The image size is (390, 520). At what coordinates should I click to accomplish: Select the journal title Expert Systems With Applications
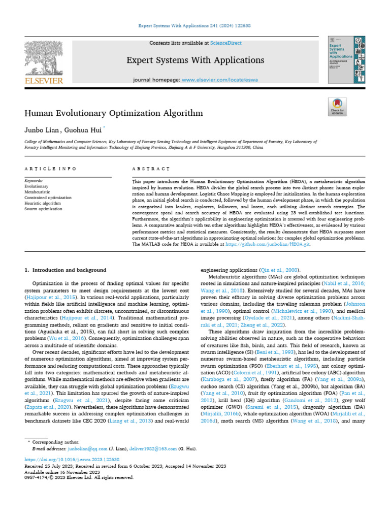click(x=196, y=60)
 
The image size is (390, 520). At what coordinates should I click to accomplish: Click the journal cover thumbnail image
click(x=347, y=59)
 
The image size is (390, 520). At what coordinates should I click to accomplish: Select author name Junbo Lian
click(x=42, y=129)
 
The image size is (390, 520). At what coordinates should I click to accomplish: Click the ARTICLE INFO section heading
click(x=51, y=169)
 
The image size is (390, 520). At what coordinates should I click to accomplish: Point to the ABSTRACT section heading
click(x=150, y=169)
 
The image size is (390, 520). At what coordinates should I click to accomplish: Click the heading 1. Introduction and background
click(x=66, y=270)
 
